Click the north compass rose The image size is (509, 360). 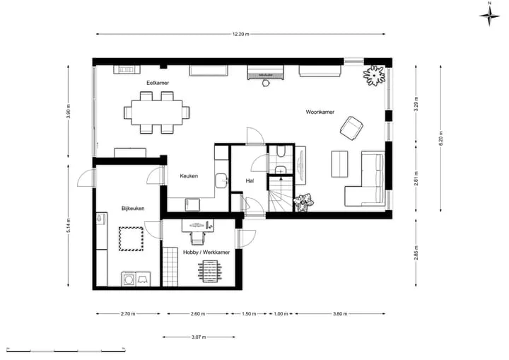coord(489,15)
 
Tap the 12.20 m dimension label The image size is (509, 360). coord(240,34)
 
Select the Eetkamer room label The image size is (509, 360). coord(158,83)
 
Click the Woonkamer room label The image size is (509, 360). coord(320,112)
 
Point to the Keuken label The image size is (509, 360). coord(189,176)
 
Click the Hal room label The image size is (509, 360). coord(250,181)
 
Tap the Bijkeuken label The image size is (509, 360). coord(133,209)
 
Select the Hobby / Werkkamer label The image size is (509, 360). coord(206,252)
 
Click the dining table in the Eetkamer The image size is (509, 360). coord(157,112)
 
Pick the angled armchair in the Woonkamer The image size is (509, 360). coord(351,128)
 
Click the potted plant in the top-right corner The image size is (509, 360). coord(375,76)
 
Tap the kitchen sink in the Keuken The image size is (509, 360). coord(221,180)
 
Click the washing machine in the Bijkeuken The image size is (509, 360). coord(129,279)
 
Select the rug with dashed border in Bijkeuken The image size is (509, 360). coord(131,239)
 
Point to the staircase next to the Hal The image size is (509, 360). coord(281,194)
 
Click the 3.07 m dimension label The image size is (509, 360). coord(199,337)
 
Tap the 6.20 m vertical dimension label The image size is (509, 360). coord(440,138)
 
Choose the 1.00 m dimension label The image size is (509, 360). coord(281,314)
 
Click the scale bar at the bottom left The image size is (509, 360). coord(66,351)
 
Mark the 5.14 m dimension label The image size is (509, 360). coord(68,225)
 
